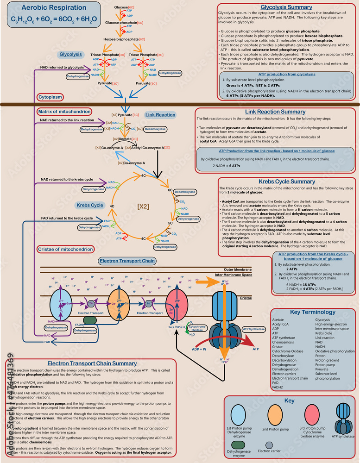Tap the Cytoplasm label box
click(50, 97)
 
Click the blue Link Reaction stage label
click(160, 115)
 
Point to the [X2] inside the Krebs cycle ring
click(143, 206)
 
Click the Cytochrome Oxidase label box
click(200, 328)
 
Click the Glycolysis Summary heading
click(286, 8)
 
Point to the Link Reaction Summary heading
click(275, 112)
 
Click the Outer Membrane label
click(238, 269)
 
